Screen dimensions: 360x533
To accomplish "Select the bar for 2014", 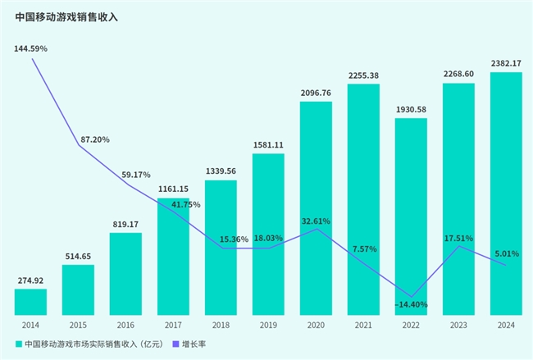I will tap(30, 301).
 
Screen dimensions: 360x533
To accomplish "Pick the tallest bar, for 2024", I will tap(506, 193).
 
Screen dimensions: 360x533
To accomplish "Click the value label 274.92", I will tap(30, 280).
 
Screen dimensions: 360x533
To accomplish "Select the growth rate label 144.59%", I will tap(31, 49).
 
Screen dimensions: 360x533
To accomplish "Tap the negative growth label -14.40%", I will tap(411, 304).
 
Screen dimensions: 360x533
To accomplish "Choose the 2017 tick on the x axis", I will tap(173, 325).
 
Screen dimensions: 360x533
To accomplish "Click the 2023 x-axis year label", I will tap(458, 325).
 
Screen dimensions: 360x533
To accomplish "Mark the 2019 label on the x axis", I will tap(268, 325).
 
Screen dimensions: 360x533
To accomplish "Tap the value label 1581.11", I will tap(268, 145).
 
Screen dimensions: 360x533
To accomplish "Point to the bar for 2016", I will tap(125, 273).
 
